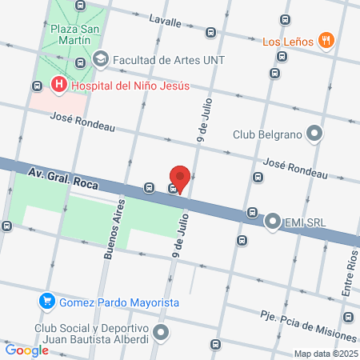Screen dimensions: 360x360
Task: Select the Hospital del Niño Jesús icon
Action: pyautogui.click(x=58, y=83)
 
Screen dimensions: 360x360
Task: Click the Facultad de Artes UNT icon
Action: pyautogui.click(x=100, y=58)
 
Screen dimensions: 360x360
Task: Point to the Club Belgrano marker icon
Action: pyautogui.click(x=315, y=134)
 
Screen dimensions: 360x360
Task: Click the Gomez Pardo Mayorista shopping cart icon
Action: pyautogui.click(x=47, y=302)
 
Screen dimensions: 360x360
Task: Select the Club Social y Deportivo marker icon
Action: pyautogui.click(x=162, y=332)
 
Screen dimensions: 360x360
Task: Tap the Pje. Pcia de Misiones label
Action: pyautogui.click(x=308, y=316)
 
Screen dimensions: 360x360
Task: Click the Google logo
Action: pyautogui.click(x=26, y=350)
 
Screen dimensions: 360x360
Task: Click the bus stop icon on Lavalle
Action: pyautogui.click(x=210, y=33)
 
